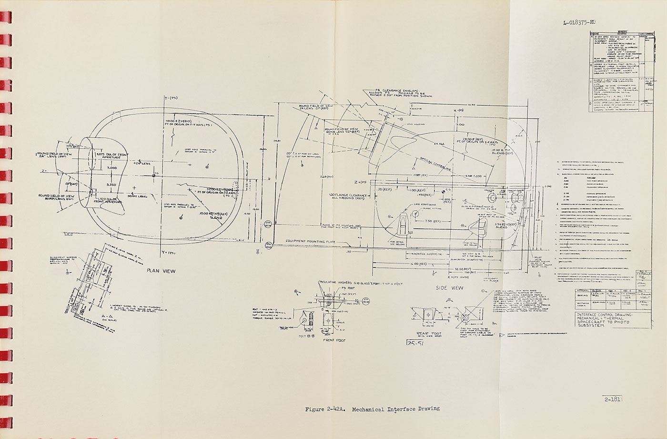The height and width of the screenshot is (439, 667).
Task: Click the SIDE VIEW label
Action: coord(450,288)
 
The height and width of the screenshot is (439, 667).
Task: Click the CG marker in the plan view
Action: coord(153,175)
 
